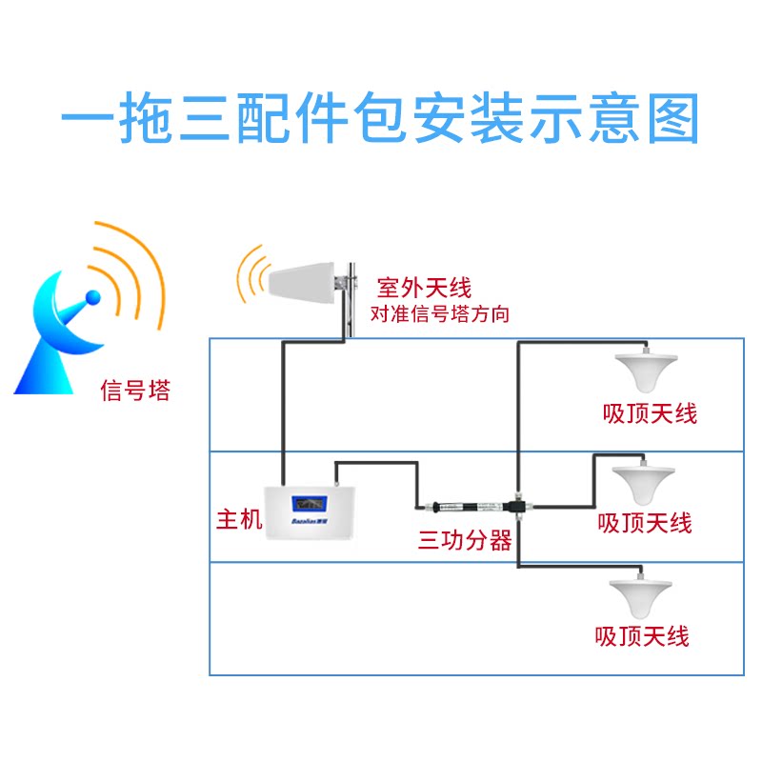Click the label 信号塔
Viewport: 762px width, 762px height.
(x=135, y=391)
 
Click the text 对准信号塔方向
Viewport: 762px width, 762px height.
(x=439, y=314)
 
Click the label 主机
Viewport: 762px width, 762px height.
(x=238, y=521)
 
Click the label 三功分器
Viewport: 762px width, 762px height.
(x=465, y=541)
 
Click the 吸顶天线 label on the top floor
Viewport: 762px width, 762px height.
(x=651, y=413)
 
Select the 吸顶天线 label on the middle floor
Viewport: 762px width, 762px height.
(x=645, y=522)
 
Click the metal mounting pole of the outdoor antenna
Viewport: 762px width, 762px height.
(x=351, y=295)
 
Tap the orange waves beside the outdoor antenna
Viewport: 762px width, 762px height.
(x=251, y=276)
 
